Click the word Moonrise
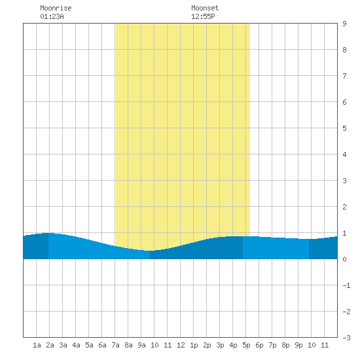(x=56, y=8)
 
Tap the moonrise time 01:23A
(x=52, y=16)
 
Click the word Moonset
(x=205, y=8)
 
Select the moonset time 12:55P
(x=203, y=16)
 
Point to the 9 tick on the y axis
(x=344, y=24)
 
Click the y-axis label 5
(x=344, y=128)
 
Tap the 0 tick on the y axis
(x=344, y=259)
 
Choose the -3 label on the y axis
(x=346, y=338)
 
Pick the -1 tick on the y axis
(x=346, y=285)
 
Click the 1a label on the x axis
(x=37, y=345)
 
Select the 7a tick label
(x=115, y=345)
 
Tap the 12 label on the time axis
(x=181, y=345)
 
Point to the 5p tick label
(x=246, y=345)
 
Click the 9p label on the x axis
(x=298, y=345)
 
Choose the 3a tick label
(x=63, y=345)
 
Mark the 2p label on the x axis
(x=207, y=345)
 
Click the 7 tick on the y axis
(x=344, y=76)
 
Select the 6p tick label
(x=259, y=345)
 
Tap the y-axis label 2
(x=344, y=207)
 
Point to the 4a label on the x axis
(x=76, y=345)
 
